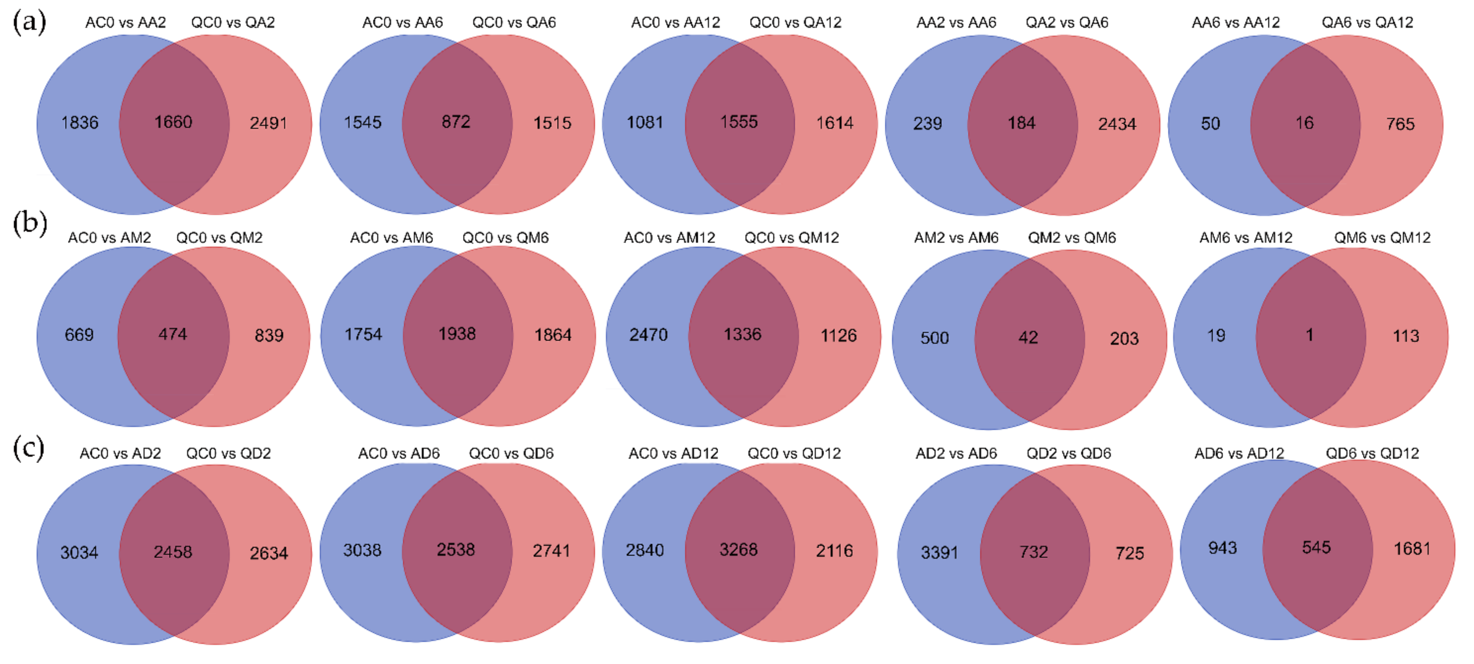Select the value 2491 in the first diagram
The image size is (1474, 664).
pos(268,123)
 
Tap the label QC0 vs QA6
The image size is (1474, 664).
pos(513,22)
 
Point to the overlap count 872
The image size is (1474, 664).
pos(456,122)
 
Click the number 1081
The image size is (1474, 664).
pos(644,122)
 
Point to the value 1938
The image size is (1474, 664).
pos(457,334)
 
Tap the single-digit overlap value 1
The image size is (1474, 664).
pos(1309,335)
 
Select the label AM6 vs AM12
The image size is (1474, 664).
pos(1245,238)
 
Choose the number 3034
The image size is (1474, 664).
pos(79,552)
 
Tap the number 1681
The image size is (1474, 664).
pos(1412,549)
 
